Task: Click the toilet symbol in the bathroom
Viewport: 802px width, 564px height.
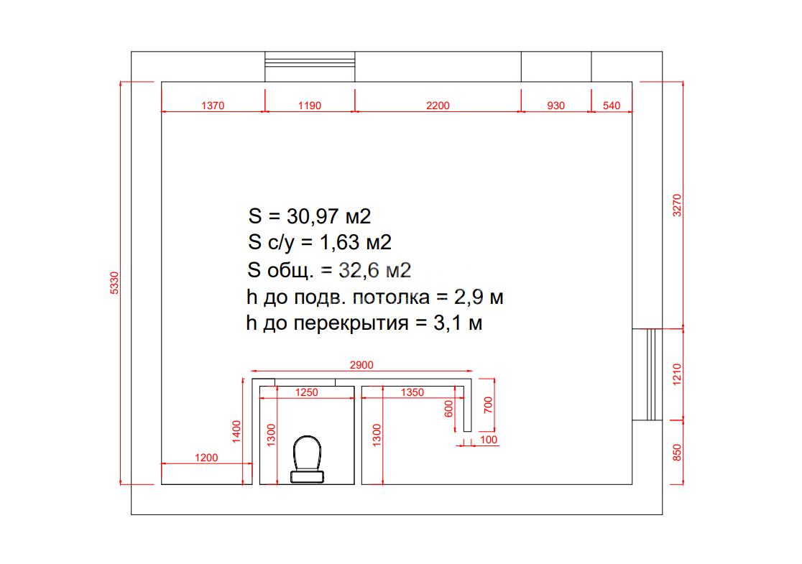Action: [307, 459]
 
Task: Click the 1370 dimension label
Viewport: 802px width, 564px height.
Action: [213, 106]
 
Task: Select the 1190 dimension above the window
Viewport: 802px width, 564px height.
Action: [310, 106]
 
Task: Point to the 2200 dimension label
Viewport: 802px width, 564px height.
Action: [438, 106]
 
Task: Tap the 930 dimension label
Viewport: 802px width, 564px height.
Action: [556, 106]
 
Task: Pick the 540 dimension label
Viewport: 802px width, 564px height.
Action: [612, 106]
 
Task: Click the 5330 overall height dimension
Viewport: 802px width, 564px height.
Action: [114, 283]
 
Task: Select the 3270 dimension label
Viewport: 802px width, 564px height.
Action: [677, 205]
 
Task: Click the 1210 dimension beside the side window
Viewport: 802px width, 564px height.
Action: [677, 374]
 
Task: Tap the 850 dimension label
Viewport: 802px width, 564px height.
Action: [677, 453]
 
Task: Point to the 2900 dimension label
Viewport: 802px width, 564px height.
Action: [361, 365]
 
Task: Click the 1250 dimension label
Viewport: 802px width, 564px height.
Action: [306, 392]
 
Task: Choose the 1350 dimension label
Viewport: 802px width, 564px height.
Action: [412, 392]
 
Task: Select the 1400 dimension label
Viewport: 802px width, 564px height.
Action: [236, 432]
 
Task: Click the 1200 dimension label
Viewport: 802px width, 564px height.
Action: [206, 458]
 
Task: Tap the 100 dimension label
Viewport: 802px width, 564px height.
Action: [489, 440]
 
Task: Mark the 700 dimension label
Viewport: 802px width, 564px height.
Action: [488, 405]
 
